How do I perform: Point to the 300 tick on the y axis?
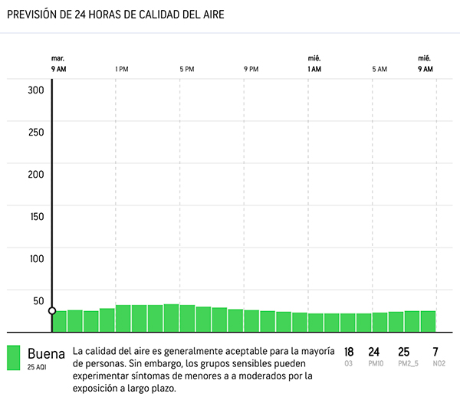pyautogui.click(x=36, y=89)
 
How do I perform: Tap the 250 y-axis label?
pyautogui.click(x=36, y=131)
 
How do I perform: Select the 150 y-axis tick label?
pyautogui.click(x=36, y=215)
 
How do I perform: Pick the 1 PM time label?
pyautogui.click(x=121, y=69)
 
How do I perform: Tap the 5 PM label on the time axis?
pyautogui.click(x=186, y=69)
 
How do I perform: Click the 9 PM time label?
pyautogui.click(x=251, y=69)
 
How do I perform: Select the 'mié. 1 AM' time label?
pyautogui.click(x=314, y=64)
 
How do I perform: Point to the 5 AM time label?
pyautogui.click(x=379, y=69)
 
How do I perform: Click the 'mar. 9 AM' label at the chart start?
pyautogui.click(x=58, y=64)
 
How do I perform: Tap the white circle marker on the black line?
pyautogui.click(x=52, y=310)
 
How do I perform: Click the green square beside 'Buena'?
pyautogui.click(x=14, y=357)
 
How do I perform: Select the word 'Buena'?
pyautogui.click(x=46, y=353)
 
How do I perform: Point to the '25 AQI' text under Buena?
pyautogui.click(x=36, y=367)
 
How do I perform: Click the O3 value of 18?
pyautogui.click(x=349, y=352)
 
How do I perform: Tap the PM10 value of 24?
pyautogui.click(x=374, y=352)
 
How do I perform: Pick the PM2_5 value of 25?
pyautogui.click(x=404, y=352)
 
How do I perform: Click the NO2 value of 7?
pyautogui.click(x=435, y=352)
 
